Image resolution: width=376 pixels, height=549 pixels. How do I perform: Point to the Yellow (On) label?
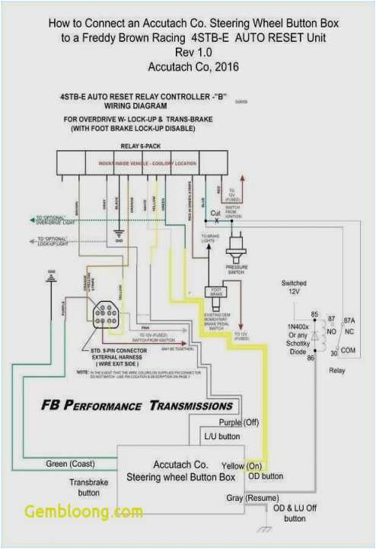click(x=243, y=464)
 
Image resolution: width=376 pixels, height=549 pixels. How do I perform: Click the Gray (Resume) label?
click(x=247, y=498)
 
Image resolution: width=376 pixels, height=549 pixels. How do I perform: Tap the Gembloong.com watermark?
click(x=83, y=512)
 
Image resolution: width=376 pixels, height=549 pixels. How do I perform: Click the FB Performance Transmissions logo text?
click(x=137, y=406)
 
